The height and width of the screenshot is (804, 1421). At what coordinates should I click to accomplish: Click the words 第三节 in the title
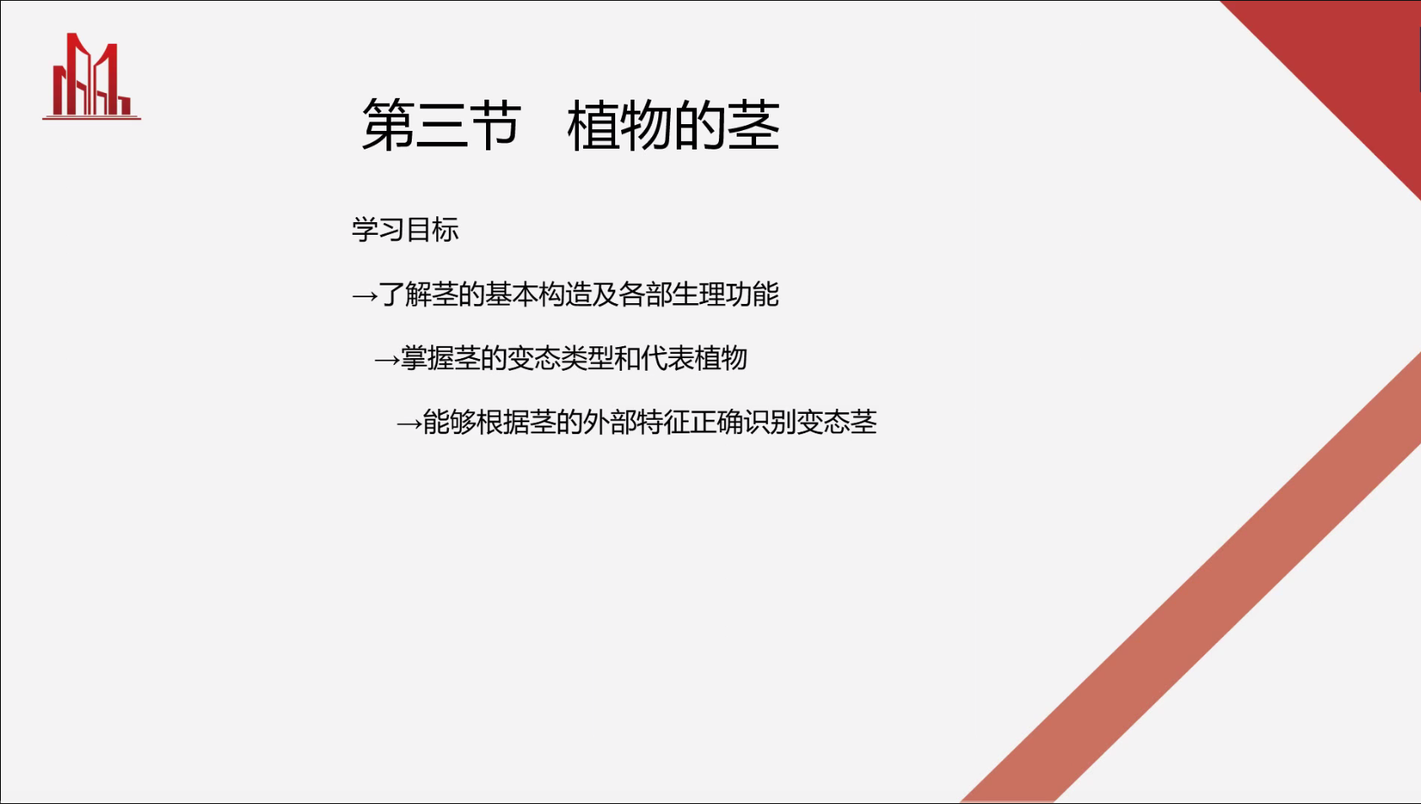coord(441,125)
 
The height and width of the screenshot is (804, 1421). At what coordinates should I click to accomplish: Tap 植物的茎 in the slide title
coord(673,125)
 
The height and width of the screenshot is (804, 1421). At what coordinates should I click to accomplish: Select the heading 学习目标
coord(405,229)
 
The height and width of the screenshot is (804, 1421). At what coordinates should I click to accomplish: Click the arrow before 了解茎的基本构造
coord(365,296)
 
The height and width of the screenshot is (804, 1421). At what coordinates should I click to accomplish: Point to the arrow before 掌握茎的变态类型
coord(387,360)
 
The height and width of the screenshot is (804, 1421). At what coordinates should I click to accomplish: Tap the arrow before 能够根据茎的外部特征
coord(409,424)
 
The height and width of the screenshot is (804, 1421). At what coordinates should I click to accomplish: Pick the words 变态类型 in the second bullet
coord(560,358)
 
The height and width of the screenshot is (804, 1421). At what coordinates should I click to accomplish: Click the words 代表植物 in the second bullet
coord(694,358)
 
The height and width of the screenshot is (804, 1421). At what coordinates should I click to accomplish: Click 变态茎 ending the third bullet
coord(837,422)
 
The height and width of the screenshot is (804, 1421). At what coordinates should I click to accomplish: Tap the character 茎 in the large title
coord(754,125)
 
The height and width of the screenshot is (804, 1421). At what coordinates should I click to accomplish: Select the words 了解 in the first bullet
coord(405,294)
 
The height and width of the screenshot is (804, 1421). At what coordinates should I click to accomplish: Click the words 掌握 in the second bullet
coord(427,358)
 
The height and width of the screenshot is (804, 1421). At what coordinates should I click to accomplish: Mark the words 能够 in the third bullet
coord(449,422)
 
